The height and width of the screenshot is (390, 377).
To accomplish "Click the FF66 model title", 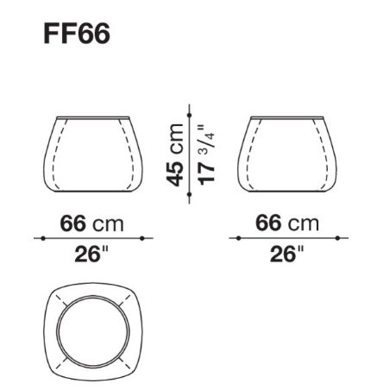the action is (77, 34).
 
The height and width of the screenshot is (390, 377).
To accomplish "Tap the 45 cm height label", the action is (175, 154).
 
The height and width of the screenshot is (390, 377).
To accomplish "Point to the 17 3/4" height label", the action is (206, 154).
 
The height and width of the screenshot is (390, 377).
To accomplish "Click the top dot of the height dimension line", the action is (189, 116).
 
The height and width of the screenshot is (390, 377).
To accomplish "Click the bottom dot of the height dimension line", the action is (189, 195).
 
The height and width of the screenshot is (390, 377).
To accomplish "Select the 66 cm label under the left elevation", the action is (91, 223).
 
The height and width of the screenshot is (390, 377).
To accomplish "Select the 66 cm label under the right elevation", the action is (287, 223).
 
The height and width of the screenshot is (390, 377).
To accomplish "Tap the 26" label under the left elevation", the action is (91, 254).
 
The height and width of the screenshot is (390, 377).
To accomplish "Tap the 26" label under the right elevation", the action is (286, 254).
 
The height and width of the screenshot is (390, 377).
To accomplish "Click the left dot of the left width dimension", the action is (43, 238).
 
